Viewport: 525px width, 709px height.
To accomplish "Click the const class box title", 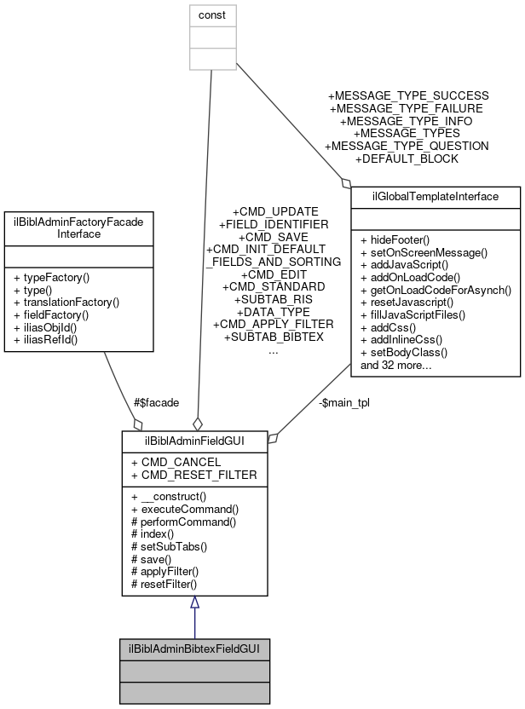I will pyautogui.click(x=211, y=15).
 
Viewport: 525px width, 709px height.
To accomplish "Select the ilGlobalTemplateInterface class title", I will pyautogui.click(x=436, y=197).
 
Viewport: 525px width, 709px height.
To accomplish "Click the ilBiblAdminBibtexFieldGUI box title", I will pyautogui.click(x=194, y=648).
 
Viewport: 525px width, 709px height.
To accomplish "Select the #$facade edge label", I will pyautogui.click(x=156, y=402).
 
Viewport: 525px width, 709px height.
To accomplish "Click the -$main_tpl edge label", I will pyautogui.click(x=344, y=402).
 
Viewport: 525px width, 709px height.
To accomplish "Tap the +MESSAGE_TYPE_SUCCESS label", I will pyautogui.click(x=408, y=95).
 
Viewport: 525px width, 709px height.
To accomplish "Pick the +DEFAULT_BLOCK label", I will pyautogui.click(x=407, y=159).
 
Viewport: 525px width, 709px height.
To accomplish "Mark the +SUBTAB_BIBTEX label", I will pyautogui.click(x=273, y=337).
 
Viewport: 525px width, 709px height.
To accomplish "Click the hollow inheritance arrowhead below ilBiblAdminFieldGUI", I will pyautogui.click(x=194, y=603).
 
